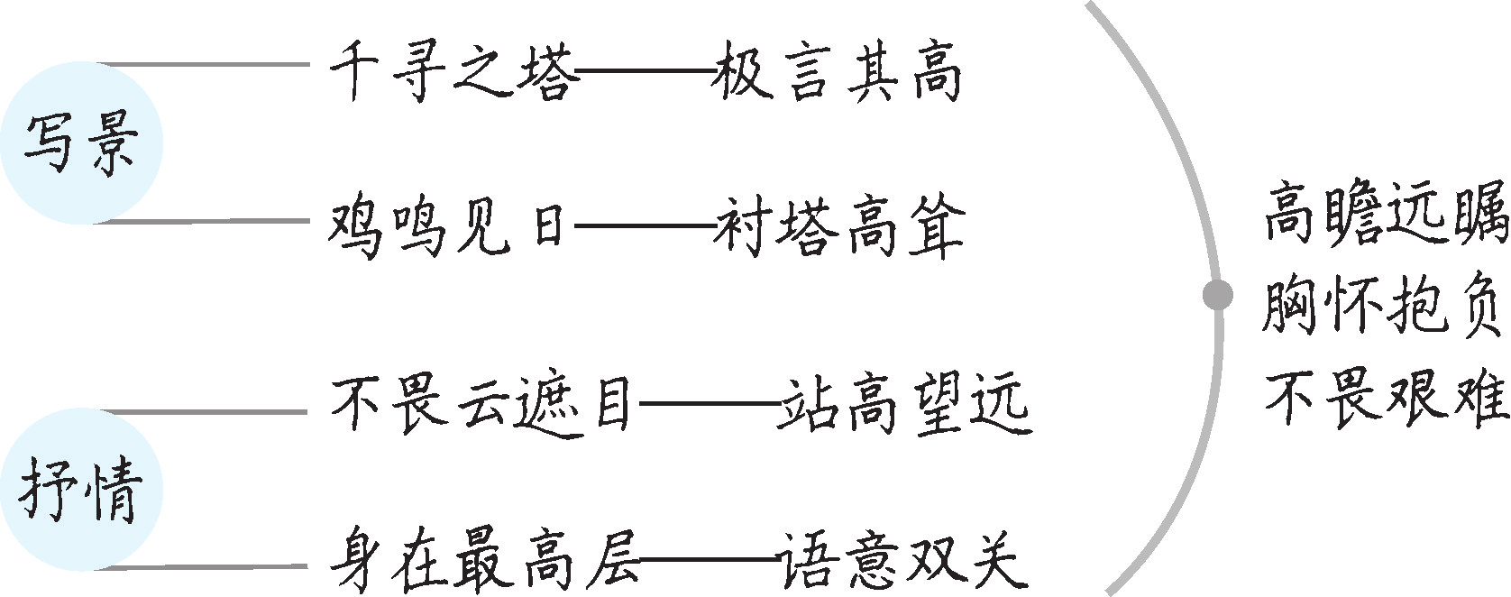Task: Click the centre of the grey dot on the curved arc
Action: pos(1218,295)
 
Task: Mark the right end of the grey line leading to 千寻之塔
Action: pos(309,65)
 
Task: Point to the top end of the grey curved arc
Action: pos(1087,4)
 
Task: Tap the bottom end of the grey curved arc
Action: pos(1106,592)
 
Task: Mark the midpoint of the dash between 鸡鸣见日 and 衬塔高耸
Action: pos(645,225)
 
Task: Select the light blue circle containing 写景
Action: pos(81,143)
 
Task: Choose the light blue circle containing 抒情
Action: pos(81,490)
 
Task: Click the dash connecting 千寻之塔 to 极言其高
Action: pos(645,70)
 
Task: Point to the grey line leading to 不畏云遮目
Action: pos(206,411)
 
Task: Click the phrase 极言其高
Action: pos(838,72)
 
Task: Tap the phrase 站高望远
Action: pos(904,406)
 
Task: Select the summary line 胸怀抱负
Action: pos(1383,304)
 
